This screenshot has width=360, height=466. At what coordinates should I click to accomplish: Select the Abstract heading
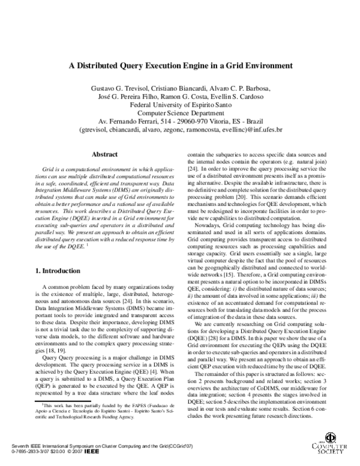(x=104, y=154)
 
